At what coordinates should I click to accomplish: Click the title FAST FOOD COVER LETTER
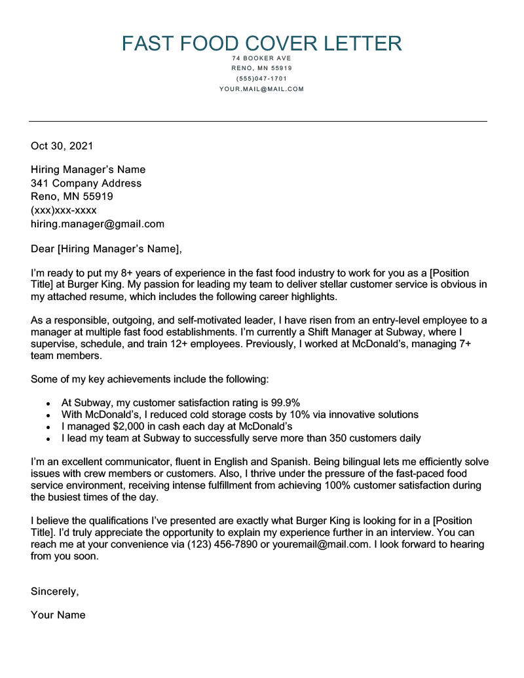pos(261,43)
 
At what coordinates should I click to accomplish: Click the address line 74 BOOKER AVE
pos(261,58)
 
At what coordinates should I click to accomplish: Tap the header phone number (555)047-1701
pos(261,79)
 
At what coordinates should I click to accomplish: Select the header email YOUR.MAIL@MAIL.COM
pos(261,89)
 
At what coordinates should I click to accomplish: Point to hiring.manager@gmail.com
pos(98,224)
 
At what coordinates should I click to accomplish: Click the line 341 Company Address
pos(86,183)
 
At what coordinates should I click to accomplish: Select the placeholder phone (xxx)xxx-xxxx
pos(64,210)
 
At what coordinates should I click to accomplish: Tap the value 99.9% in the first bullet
pos(286,402)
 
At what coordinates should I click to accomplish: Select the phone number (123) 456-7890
pos(223,544)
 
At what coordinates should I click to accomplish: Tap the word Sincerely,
pos(55,592)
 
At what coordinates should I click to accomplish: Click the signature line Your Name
pos(58,615)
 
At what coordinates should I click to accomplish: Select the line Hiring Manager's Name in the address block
pos(88,170)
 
